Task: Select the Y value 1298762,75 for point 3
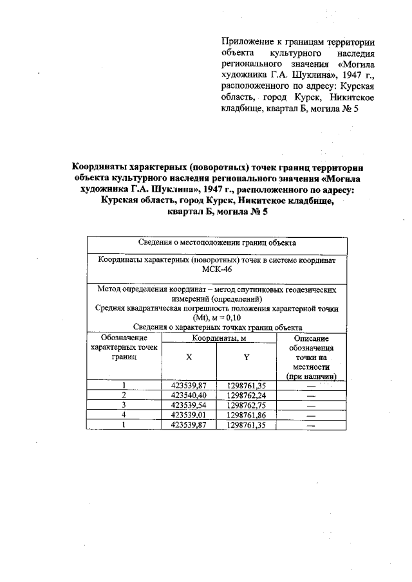pyautogui.click(x=247, y=406)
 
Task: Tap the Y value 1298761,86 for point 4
pyautogui.click(x=247, y=415)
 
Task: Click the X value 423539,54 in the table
pyautogui.click(x=189, y=406)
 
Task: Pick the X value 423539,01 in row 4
pyautogui.click(x=189, y=415)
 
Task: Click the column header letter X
pyautogui.click(x=189, y=356)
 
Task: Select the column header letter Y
pyautogui.click(x=247, y=356)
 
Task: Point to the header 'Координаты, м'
pyautogui.click(x=218, y=338)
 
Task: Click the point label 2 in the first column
pyautogui.click(x=124, y=396)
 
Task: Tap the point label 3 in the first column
pyautogui.click(x=124, y=406)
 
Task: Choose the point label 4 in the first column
pyautogui.click(x=124, y=415)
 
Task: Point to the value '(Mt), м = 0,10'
pyautogui.click(x=217, y=318)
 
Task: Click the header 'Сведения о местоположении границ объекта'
pyautogui.click(x=217, y=243)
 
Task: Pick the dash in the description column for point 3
pyautogui.click(x=312, y=406)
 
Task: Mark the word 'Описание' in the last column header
pyautogui.click(x=312, y=338)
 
